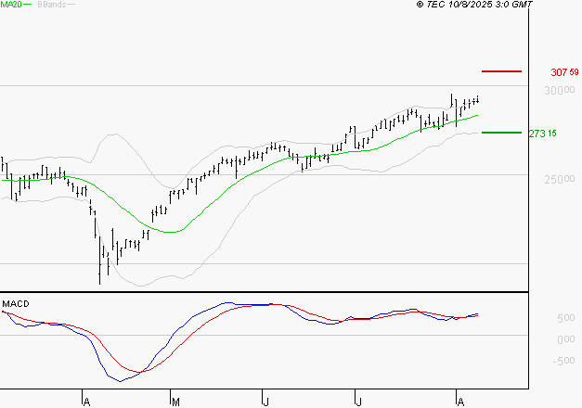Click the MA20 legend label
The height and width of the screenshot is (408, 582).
point(11,6)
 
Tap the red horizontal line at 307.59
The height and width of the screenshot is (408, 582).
point(502,71)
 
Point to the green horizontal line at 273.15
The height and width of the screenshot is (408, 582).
point(502,133)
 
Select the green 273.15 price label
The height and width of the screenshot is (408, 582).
point(541,134)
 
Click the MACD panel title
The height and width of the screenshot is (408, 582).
point(15,303)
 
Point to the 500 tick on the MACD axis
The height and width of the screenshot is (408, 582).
point(541,319)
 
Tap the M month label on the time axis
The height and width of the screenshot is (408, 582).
point(175,402)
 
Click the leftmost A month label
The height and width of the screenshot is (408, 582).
point(85,402)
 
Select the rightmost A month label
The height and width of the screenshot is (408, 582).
point(458,402)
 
